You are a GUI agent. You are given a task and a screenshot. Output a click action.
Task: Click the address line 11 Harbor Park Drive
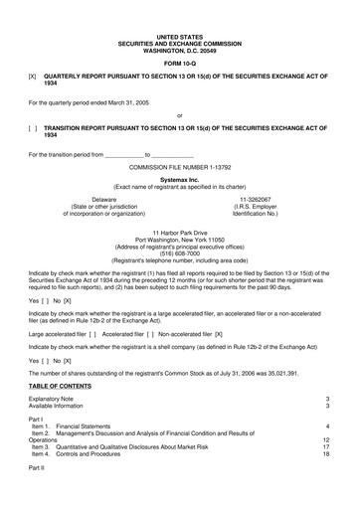tap(179, 233)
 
